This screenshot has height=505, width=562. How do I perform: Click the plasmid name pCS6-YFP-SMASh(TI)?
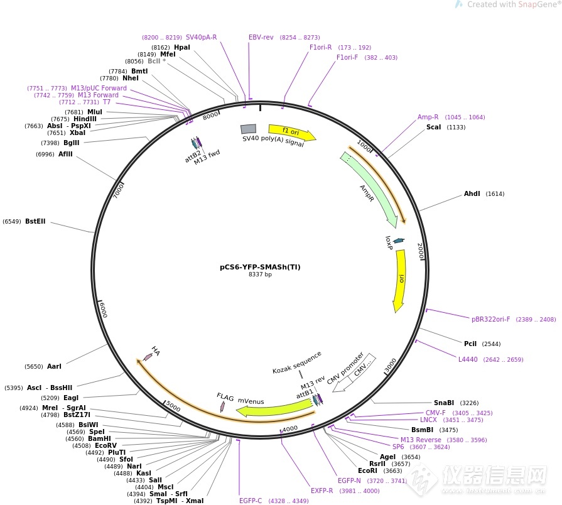[260, 266]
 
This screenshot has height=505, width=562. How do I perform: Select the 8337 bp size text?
[260, 274]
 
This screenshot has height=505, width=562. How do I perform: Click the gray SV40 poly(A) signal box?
[248, 129]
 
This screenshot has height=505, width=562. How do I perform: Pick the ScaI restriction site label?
[433, 127]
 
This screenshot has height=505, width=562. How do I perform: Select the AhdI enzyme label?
[472, 194]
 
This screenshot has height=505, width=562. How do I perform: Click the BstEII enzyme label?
[35, 221]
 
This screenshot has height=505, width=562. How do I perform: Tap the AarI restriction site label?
[54, 366]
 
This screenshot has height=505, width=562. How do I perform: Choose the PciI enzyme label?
[470, 344]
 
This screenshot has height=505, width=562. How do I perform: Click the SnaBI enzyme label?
[444, 403]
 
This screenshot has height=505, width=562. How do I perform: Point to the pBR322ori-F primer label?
[491, 319]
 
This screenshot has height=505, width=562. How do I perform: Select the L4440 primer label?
[468, 360]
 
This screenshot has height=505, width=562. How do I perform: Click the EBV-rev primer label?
[261, 38]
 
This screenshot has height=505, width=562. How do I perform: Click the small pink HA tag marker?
[148, 357]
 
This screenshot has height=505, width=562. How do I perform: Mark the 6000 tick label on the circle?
[103, 309]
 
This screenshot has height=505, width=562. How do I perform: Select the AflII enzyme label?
[65, 155]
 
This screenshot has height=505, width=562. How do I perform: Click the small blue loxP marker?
[398, 241]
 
